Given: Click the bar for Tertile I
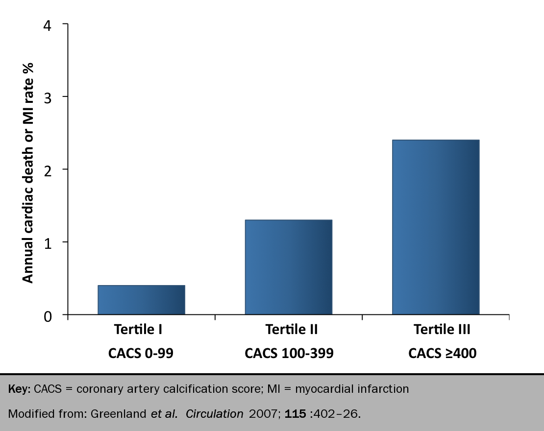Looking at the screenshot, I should (x=141, y=299).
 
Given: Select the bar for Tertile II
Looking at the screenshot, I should (x=288, y=267).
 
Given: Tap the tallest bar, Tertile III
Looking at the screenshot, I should (x=435, y=227).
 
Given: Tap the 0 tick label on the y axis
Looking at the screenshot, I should (x=47, y=316).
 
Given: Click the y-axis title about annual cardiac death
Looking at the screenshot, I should (x=28, y=172).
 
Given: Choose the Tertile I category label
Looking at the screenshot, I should (x=138, y=330).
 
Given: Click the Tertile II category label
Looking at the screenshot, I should (x=291, y=330).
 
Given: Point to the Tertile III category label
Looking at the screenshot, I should (x=442, y=330).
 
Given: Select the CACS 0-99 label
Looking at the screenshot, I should (x=141, y=354).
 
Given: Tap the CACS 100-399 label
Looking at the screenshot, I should (x=289, y=354).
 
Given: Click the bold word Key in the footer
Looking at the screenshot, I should (x=19, y=390).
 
